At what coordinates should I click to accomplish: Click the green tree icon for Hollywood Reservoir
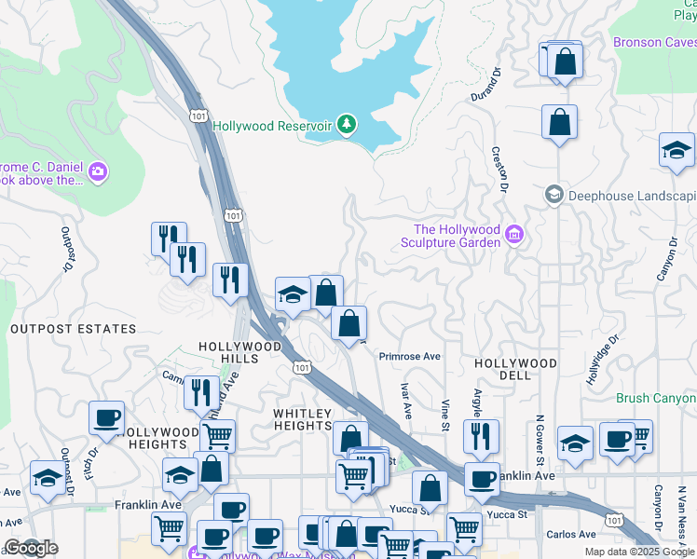pos(347,125)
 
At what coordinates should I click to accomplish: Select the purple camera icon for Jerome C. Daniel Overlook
pos(98,170)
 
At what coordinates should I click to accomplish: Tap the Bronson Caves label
pos(654,42)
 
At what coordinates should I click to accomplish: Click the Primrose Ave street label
pos(409,357)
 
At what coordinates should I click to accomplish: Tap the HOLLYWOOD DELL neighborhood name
pos(515,369)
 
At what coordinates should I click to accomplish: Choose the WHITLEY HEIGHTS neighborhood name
pos(302,419)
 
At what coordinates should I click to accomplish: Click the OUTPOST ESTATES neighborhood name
pos(73,329)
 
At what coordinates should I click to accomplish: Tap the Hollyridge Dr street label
pos(602,361)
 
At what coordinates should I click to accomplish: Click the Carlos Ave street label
pos(572,534)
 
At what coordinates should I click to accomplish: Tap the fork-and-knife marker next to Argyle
pos(481,437)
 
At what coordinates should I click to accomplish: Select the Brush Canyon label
pos(656,398)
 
